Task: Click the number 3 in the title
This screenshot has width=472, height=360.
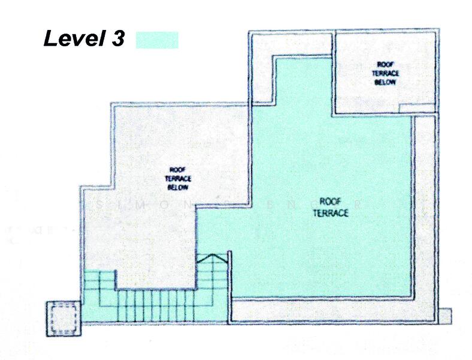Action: pos(117,39)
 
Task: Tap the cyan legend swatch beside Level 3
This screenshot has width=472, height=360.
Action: pos(157,40)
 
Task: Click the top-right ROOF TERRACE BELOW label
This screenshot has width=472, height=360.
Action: pos(385,73)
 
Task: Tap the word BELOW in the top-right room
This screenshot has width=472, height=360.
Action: pos(385,82)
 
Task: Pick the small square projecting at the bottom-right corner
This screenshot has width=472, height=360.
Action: pos(445,316)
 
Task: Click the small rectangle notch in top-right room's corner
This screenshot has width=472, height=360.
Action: pos(416,107)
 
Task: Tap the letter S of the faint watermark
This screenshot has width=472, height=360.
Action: pos(99,203)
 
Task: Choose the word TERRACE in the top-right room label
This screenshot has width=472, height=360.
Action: pos(385,73)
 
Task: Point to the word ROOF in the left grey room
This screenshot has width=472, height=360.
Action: pos(177,169)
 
